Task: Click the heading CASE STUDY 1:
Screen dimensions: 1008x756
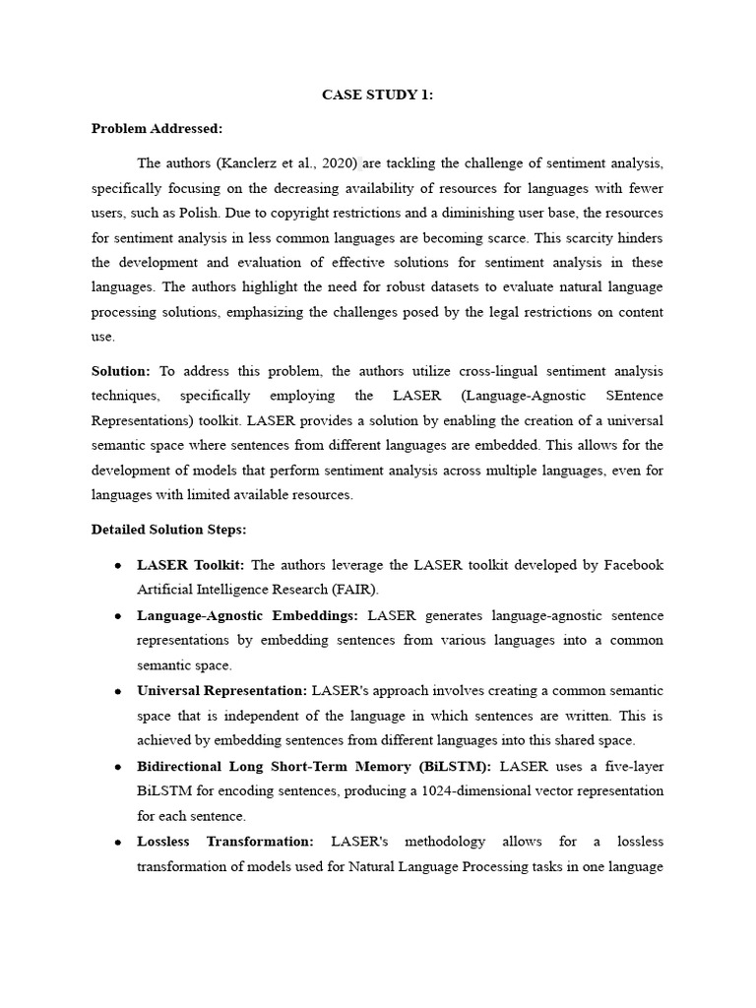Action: click(x=378, y=95)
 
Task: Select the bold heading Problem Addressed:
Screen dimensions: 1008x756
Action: click(x=157, y=128)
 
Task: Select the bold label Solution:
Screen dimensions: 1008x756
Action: click(x=121, y=371)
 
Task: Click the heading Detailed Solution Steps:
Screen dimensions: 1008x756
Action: click(x=169, y=529)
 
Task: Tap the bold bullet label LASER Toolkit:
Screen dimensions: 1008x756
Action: click(x=192, y=565)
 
